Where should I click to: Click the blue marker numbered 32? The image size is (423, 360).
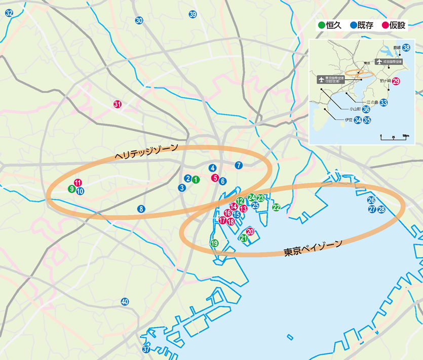click(x=9, y=13)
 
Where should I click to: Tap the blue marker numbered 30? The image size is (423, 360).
click(x=139, y=20)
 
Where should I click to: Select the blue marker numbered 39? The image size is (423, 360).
click(x=193, y=14)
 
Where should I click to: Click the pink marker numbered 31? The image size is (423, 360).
click(x=118, y=104)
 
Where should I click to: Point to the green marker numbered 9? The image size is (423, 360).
click(x=72, y=189)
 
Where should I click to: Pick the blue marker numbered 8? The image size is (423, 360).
click(x=141, y=209)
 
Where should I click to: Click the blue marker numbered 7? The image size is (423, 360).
click(x=239, y=165)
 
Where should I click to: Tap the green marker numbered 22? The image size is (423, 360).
click(x=276, y=207)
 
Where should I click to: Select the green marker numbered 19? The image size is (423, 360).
click(x=214, y=243)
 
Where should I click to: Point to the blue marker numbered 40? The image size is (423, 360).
click(x=125, y=302)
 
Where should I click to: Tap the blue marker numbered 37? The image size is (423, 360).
click(x=146, y=349)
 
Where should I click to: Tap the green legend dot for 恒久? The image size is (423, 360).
click(x=321, y=25)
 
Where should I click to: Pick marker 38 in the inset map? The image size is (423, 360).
click(x=406, y=47)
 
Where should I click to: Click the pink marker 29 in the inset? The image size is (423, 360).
click(x=396, y=81)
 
